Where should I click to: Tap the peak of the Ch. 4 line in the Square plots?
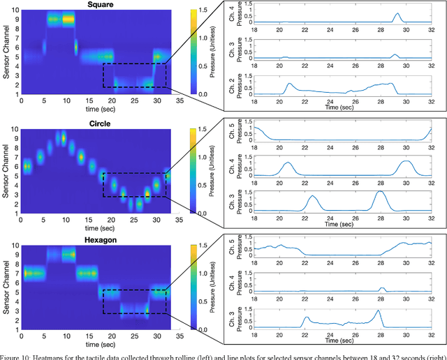point(397,14)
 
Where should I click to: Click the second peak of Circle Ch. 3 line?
point(380,192)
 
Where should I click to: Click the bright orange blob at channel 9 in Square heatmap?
point(68,20)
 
